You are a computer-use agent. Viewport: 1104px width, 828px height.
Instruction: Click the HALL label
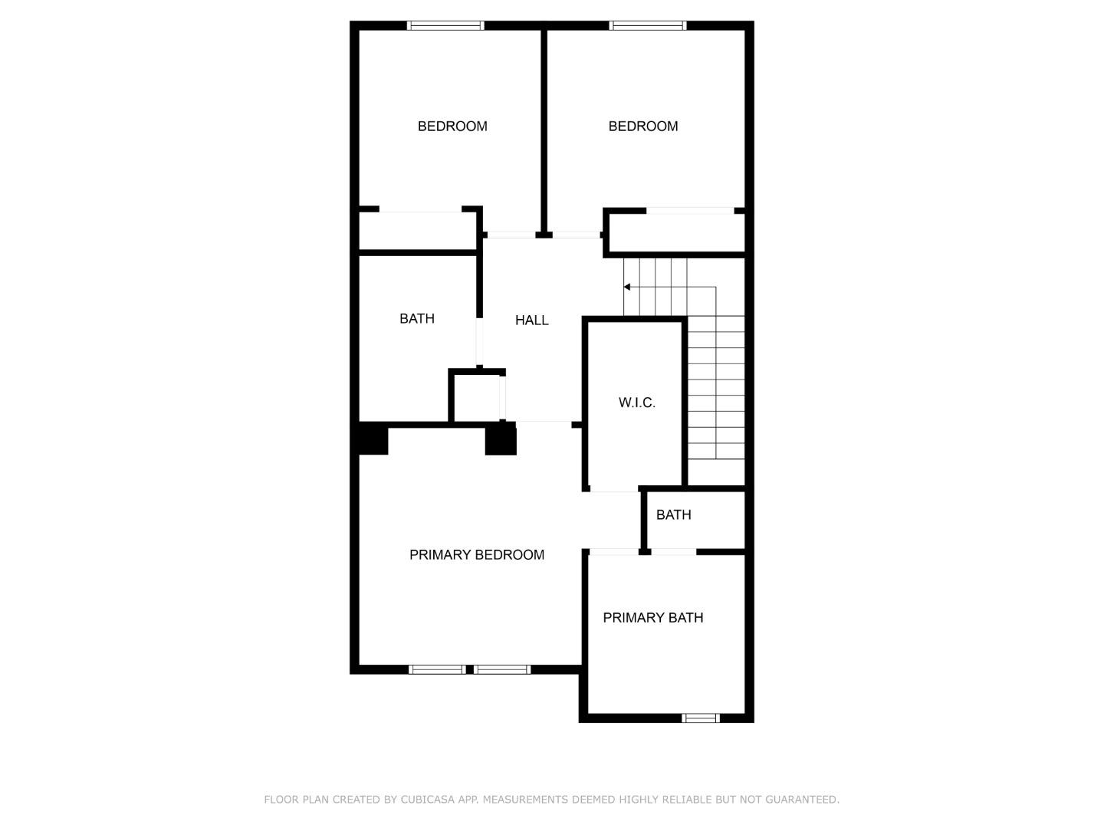[531, 320]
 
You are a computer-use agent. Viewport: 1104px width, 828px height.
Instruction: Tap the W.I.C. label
[636, 402]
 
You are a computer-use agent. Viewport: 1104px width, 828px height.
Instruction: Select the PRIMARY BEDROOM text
[476, 555]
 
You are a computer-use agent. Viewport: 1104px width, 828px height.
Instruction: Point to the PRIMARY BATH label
[652, 618]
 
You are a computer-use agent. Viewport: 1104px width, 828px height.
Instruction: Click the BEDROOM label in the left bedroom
[452, 127]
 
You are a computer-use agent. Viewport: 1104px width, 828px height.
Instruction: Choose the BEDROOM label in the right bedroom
[642, 127]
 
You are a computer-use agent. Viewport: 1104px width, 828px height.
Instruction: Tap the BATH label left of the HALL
[416, 319]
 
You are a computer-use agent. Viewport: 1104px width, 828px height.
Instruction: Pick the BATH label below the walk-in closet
[673, 515]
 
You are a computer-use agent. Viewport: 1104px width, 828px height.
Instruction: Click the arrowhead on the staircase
[627, 287]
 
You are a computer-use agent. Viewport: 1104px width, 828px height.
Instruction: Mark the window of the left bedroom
[445, 25]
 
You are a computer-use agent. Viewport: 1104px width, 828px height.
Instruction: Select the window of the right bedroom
[647, 25]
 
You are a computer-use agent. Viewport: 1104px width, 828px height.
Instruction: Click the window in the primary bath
[700, 718]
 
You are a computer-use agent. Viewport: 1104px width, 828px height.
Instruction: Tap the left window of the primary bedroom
[436, 669]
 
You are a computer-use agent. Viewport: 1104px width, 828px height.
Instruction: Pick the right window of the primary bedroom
[502, 669]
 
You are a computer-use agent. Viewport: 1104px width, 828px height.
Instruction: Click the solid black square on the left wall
[373, 439]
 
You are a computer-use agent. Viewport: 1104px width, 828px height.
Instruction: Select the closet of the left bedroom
[419, 231]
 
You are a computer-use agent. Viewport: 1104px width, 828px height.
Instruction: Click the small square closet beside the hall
[476, 396]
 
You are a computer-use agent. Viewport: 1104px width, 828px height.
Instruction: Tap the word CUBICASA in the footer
[429, 800]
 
